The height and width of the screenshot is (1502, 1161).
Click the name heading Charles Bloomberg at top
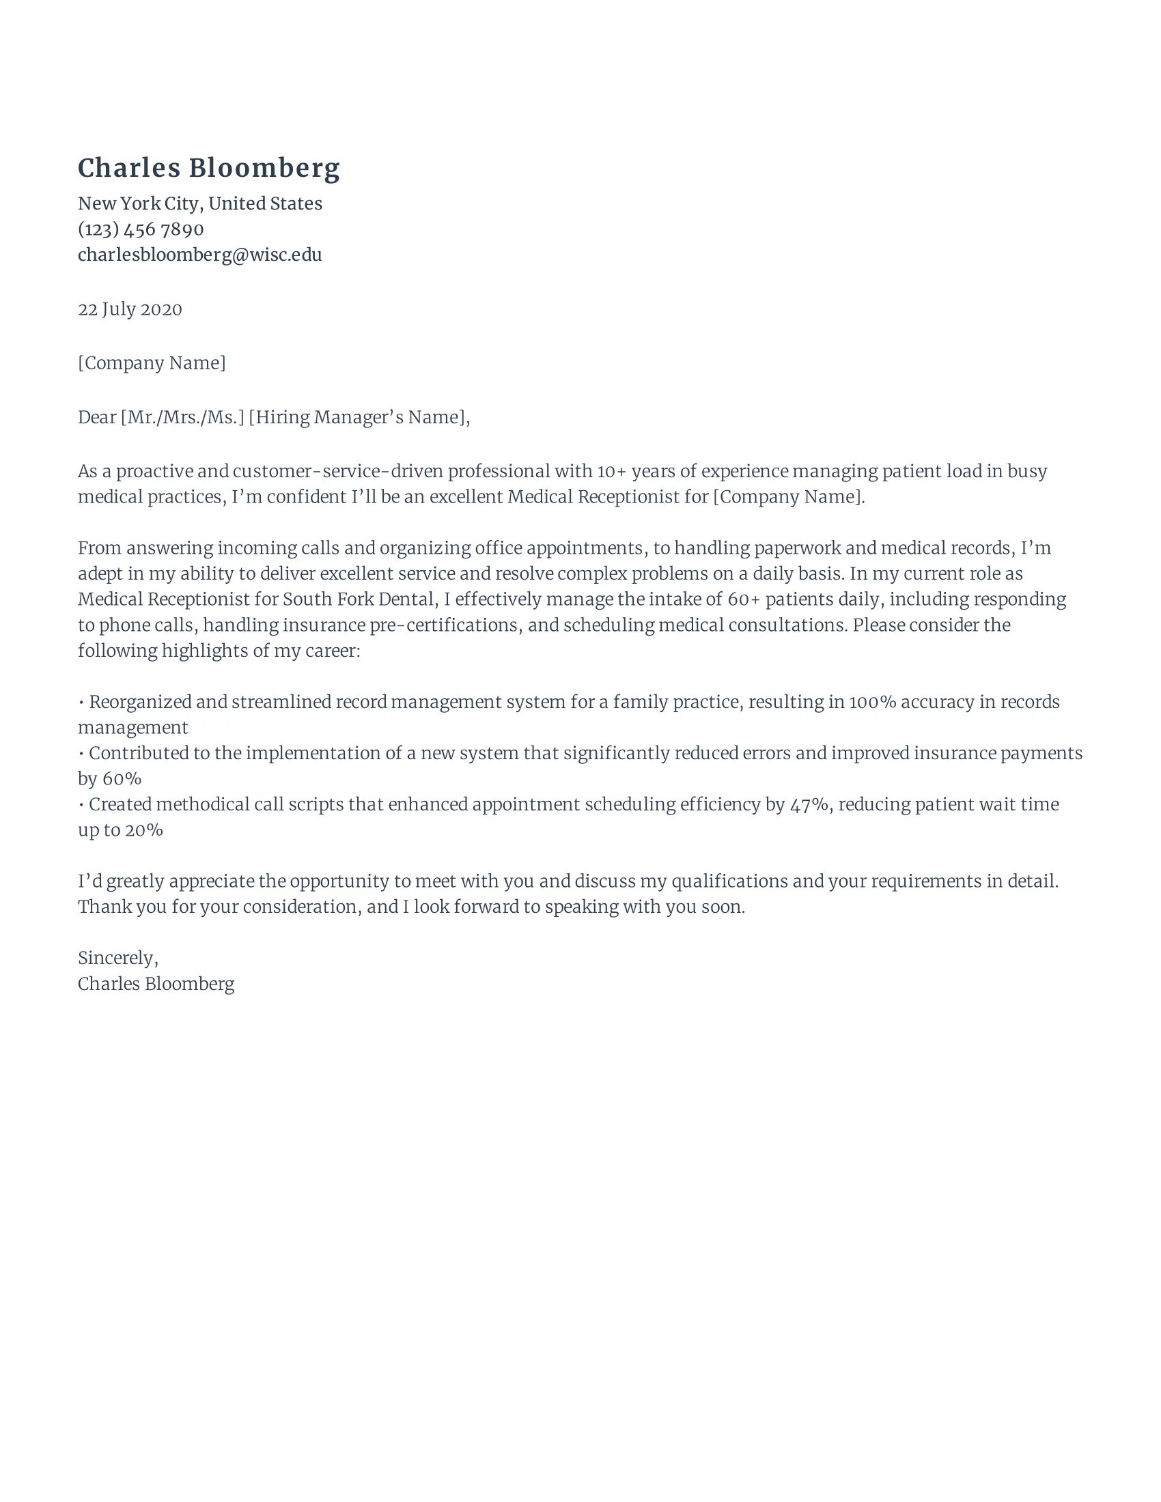(x=208, y=169)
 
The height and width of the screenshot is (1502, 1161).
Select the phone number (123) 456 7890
(x=140, y=229)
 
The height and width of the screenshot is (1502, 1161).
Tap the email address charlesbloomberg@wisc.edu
(x=199, y=255)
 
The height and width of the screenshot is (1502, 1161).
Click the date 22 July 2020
(x=130, y=309)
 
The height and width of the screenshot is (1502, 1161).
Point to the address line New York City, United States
(x=199, y=203)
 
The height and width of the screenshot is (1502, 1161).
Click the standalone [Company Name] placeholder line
(x=152, y=363)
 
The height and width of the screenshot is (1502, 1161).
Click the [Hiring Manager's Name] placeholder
(x=359, y=416)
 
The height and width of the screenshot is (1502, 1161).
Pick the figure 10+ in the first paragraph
(x=611, y=471)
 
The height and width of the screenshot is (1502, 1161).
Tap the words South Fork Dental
(x=359, y=599)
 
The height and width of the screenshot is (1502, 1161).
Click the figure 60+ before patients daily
(x=744, y=599)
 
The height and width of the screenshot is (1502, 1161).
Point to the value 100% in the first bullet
(x=872, y=701)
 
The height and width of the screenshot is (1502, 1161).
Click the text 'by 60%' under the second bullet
(x=109, y=778)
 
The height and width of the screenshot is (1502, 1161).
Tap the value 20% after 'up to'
(x=143, y=830)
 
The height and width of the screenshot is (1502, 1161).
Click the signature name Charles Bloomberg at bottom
(x=156, y=983)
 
